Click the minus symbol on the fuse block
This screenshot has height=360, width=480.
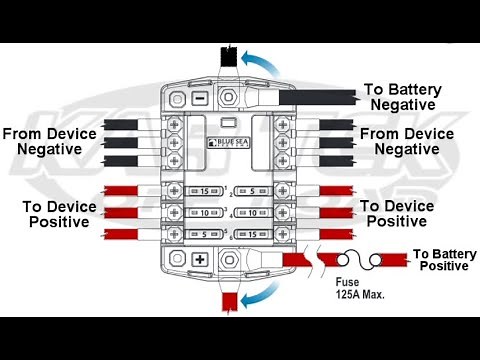(x=200, y=99)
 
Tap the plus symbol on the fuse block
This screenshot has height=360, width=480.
(x=200, y=259)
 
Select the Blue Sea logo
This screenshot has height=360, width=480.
(x=231, y=142)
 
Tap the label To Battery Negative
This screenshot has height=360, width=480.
(x=401, y=96)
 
